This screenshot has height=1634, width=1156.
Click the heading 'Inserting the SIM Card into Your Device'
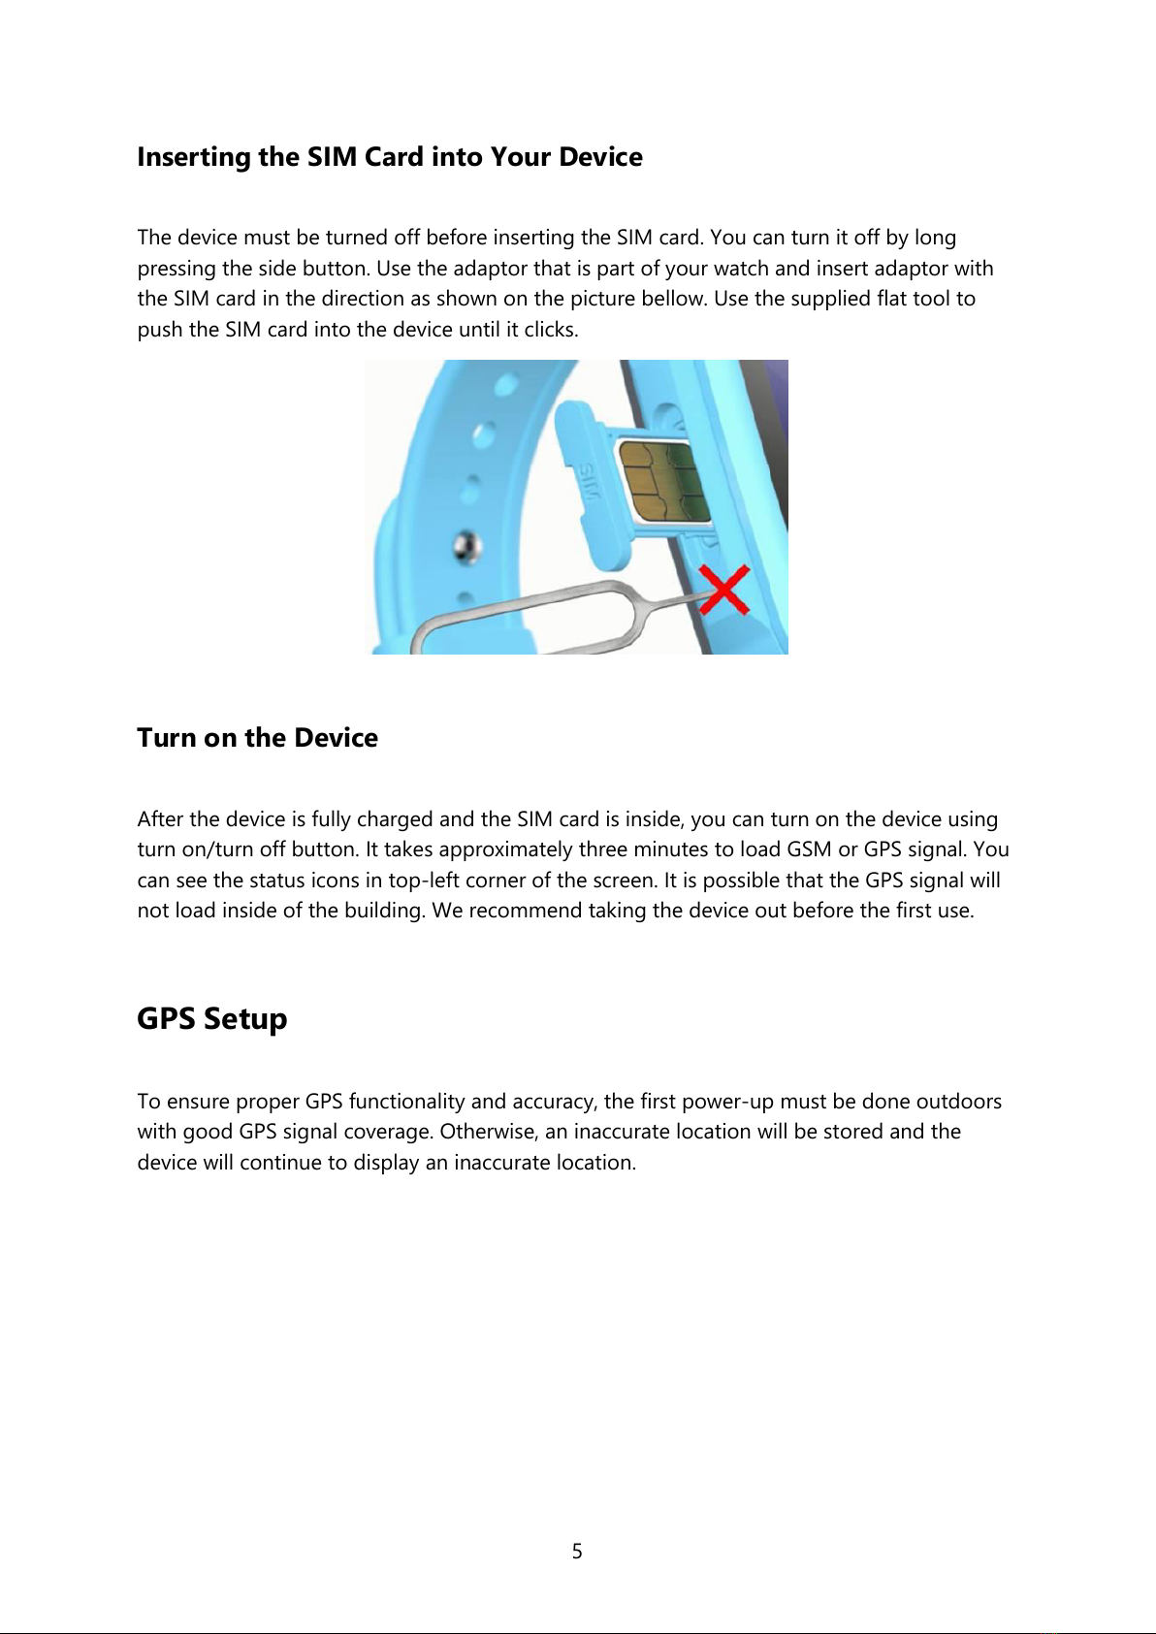390,157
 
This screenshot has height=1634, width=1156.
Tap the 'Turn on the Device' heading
257,738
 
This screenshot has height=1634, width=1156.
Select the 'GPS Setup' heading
212,1019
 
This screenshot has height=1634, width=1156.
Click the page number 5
577,1551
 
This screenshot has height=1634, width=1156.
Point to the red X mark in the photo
723,590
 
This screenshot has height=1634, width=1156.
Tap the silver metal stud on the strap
466,546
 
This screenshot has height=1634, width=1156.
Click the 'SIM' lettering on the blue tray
588,481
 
